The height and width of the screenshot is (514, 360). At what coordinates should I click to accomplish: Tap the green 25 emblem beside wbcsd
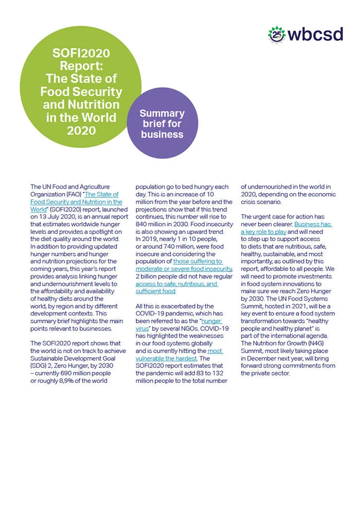[x=277, y=34]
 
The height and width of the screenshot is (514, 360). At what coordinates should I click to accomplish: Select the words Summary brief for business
[x=162, y=124]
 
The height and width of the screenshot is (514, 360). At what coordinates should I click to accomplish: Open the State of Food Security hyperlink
[x=77, y=202]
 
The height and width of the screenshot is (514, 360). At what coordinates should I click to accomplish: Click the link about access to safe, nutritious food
[x=175, y=287]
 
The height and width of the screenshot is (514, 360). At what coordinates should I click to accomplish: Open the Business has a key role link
[x=285, y=228]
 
